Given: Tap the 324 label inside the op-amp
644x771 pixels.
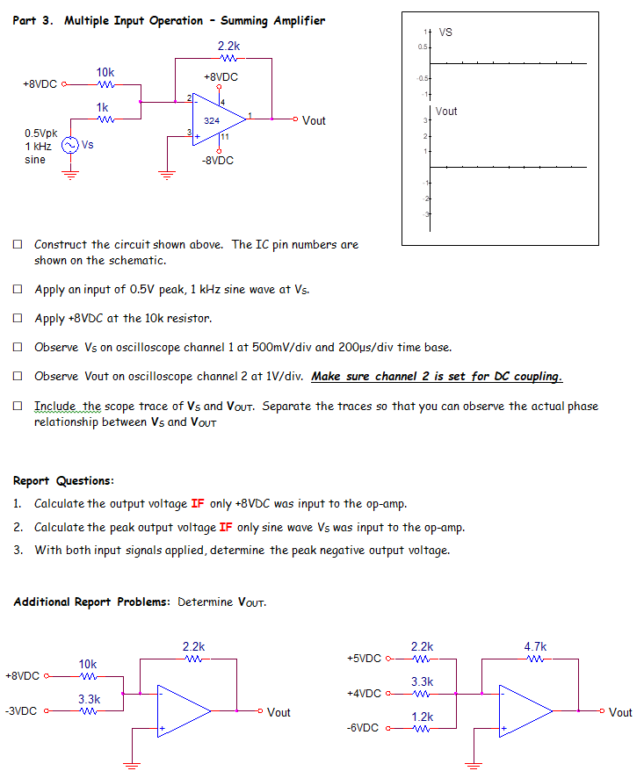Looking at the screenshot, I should [x=212, y=120].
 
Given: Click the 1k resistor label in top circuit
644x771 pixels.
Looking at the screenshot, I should [x=103, y=107].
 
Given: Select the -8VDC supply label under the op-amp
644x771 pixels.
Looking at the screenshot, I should [x=217, y=161].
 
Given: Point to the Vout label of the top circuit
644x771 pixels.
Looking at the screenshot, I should [x=314, y=121].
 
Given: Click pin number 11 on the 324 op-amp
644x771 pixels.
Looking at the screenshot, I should [x=226, y=136].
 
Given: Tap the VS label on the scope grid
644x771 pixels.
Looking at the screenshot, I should [x=445, y=32].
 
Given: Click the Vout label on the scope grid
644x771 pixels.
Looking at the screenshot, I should [x=446, y=112].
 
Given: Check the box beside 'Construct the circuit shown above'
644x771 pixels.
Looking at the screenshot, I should [x=18, y=245].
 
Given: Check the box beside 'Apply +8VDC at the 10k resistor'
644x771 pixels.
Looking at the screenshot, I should [x=18, y=318].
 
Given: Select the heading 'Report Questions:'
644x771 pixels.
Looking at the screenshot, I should [x=63, y=480].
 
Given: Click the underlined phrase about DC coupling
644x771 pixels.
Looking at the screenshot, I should [x=437, y=377].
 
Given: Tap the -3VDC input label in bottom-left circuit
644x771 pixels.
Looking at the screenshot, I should [x=21, y=711].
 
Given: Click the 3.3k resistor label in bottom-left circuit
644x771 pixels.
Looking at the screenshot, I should [x=89, y=699].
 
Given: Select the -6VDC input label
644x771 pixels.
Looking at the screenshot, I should [x=365, y=729].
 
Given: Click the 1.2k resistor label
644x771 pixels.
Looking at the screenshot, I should [x=423, y=717].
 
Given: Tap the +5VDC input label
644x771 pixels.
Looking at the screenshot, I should [x=365, y=658].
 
